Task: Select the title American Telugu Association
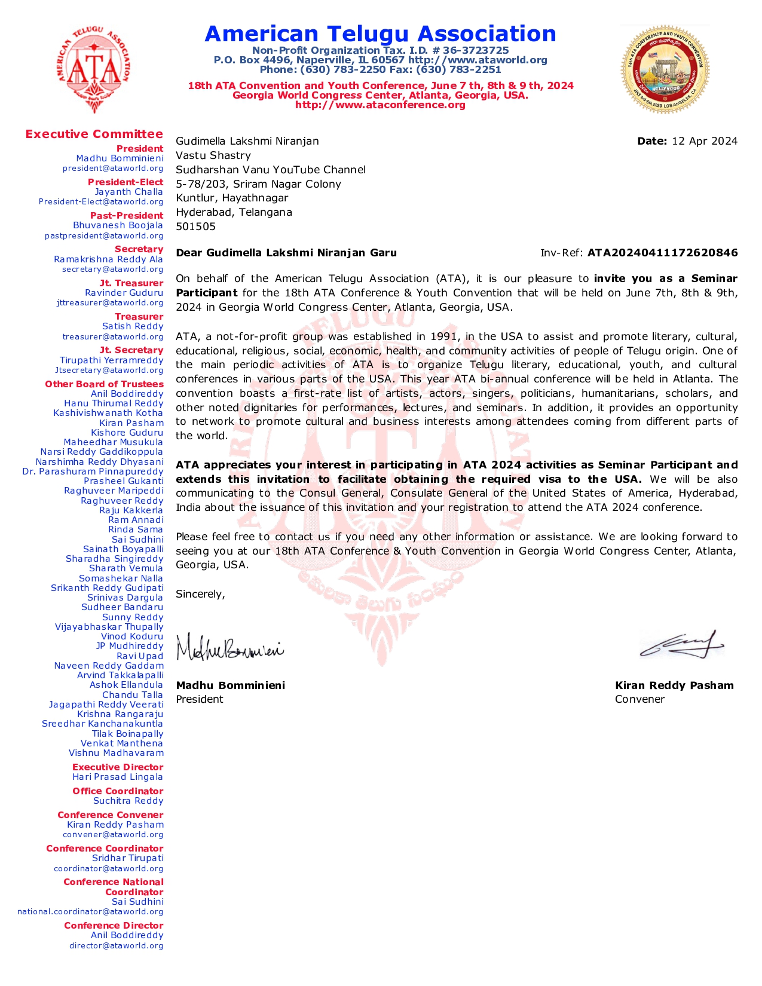click(380, 34)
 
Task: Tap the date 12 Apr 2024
click(704, 141)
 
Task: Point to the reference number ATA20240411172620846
click(662, 253)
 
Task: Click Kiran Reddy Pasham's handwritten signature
click(681, 644)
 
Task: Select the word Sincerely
click(200, 594)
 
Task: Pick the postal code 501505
click(195, 226)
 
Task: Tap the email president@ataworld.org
click(113, 169)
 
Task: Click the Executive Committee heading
click(94, 134)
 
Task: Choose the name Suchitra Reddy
click(128, 801)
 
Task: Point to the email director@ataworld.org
click(116, 945)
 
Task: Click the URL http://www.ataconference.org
click(380, 105)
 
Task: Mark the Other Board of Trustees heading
click(104, 384)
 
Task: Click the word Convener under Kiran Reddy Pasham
click(639, 699)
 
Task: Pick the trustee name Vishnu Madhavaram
click(116, 753)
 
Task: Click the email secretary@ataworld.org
click(112, 270)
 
